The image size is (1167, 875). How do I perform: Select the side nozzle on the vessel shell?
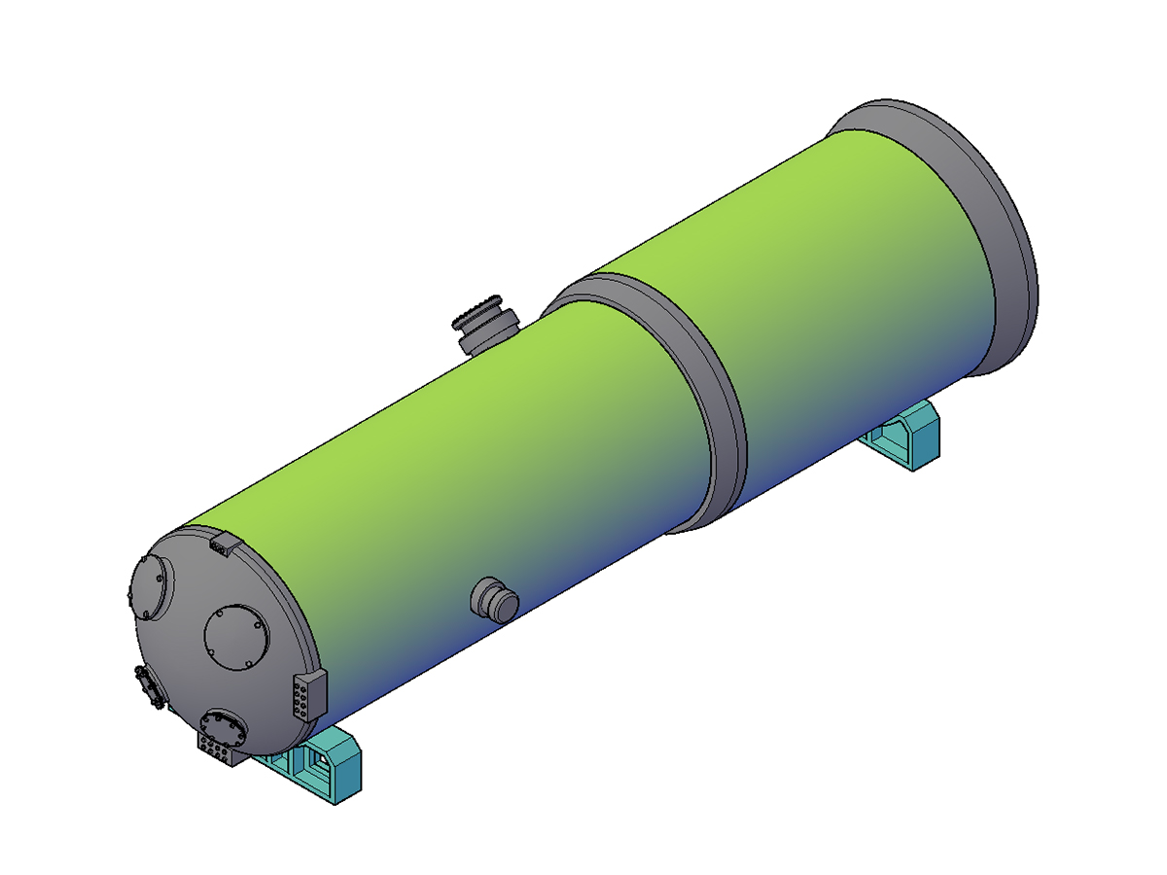pyautogui.click(x=493, y=599)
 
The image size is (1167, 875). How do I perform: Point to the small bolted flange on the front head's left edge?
pyautogui.click(x=149, y=687)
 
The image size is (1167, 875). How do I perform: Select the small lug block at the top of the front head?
pyautogui.click(x=223, y=543)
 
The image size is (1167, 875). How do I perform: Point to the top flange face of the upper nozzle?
pyautogui.click(x=482, y=309)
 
